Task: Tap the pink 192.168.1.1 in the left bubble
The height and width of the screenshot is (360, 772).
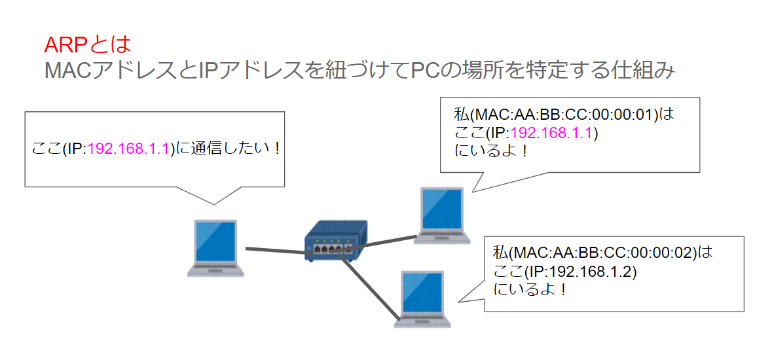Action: point(128,148)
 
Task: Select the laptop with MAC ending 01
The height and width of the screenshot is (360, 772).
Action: point(443,215)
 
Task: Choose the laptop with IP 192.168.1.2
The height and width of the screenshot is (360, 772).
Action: point(424,298)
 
